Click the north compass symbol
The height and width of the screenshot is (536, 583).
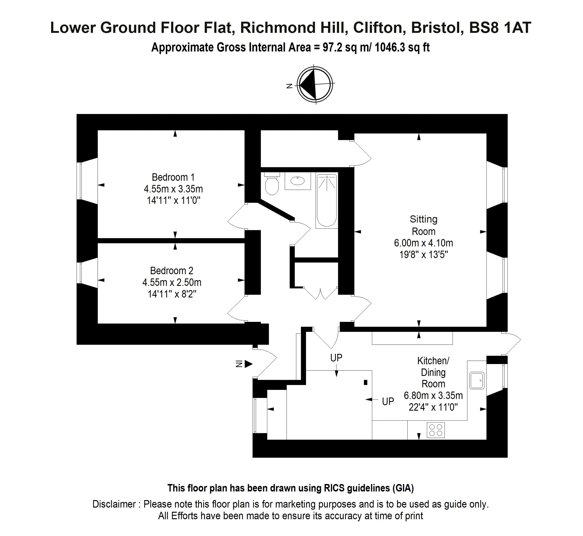315,84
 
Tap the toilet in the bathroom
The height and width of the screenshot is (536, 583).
272,183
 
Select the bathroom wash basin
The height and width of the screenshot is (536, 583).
298,181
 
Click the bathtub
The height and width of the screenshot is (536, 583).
327,200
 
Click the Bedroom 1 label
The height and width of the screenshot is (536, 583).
173,177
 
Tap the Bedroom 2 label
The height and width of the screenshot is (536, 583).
171,271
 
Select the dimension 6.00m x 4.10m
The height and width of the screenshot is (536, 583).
423,243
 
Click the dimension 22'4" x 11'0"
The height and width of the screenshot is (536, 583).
433,407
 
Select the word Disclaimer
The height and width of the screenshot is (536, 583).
114,504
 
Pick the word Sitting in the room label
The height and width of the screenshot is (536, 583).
423,219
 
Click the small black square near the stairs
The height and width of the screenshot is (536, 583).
366,382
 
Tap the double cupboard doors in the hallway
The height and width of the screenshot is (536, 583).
320,293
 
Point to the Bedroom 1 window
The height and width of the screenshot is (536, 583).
79,181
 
